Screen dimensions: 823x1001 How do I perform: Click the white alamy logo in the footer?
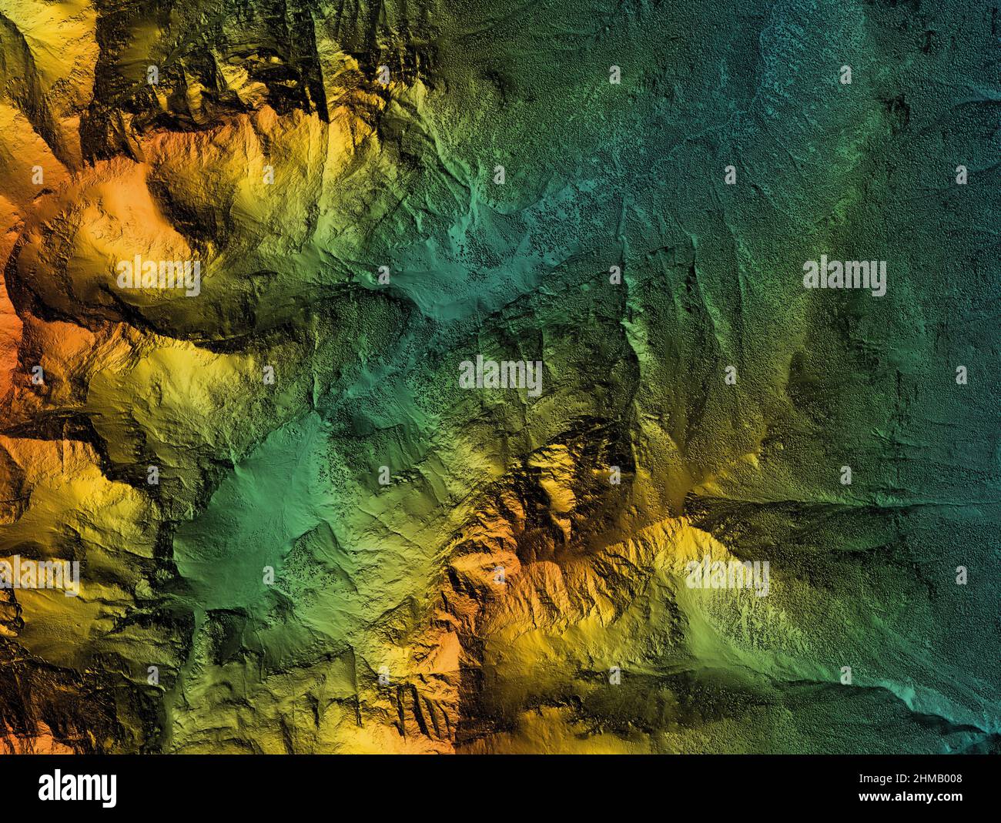coord(77,789)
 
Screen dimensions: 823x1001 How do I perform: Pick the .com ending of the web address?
coord(948,803)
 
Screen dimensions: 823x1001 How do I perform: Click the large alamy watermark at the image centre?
coord(500,375)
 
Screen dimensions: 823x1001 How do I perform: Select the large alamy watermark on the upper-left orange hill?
coord(159,275)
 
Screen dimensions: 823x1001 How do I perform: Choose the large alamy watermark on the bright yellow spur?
coord(727,576)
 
